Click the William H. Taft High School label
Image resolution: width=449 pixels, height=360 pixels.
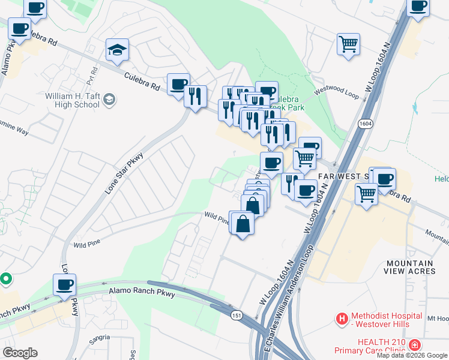(72, 100)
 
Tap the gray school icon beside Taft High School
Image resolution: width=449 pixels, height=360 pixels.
(109, 100)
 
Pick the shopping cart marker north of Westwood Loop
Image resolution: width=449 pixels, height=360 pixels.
(348, 44)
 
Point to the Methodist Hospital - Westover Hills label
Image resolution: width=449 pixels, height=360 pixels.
(391, 319)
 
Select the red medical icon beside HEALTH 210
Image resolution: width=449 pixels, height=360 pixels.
(415, 345)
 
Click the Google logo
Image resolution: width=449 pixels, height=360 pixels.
(20, 353)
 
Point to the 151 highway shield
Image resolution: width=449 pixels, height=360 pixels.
(234, 314)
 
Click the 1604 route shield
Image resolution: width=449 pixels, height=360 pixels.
(365, 123)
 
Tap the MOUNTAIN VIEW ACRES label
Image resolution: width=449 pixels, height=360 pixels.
(410, 268)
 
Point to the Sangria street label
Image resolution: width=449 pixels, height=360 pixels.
(100, 338)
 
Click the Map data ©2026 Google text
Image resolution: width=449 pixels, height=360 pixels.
(411, 355)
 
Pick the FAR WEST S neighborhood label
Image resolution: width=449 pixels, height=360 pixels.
(344, 176)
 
